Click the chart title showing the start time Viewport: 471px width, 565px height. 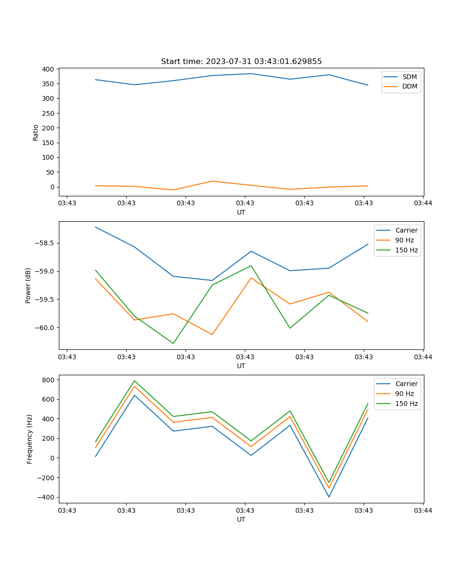[241, 62]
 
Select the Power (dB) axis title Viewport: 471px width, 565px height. [28, 285]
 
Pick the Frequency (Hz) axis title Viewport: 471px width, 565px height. [29, 439]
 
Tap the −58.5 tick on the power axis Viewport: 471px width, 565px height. [43, 243]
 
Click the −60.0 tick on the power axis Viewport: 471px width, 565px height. [43, 328]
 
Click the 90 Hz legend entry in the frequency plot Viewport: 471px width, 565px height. [404, 394]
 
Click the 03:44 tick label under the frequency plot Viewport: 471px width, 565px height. [423, 510]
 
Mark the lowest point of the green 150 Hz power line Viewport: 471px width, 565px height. [173, 343]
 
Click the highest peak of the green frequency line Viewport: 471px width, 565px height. [135, 381]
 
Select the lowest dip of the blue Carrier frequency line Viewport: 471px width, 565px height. [329, 497]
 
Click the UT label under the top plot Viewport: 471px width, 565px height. [241, 212]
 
